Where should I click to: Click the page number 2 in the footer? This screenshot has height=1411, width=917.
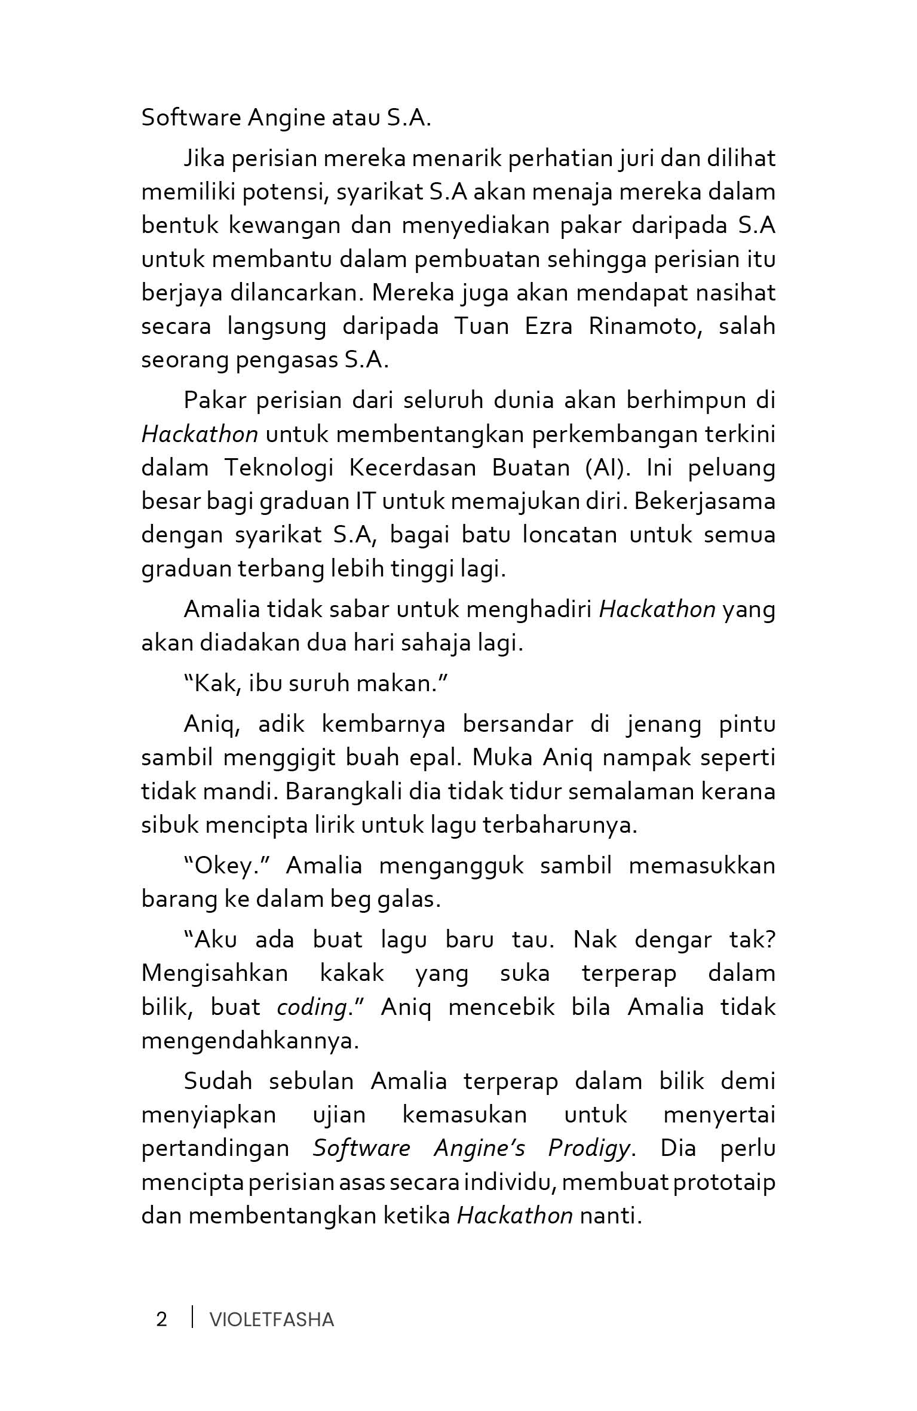click(x=161, y=1319)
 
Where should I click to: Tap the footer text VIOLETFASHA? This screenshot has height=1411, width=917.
click(x=272, y=1320)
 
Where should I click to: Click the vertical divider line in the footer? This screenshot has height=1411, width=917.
click(x=192, y=1317)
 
